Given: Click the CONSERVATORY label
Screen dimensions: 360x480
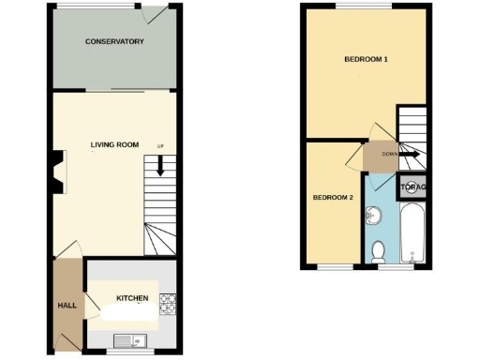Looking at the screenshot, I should pyautogui.click(x=113, y=42).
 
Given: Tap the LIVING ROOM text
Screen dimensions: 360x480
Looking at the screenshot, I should pyautogui.click(x=114, y=144).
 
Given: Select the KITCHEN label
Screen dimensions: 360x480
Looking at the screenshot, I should pyautogui.click(x=131, y=298).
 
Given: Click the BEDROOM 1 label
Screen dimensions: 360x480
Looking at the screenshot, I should pyautogui.click(x=366, y=60).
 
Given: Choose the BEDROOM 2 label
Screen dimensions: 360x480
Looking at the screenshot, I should pyautogui.click(x=332, y=198).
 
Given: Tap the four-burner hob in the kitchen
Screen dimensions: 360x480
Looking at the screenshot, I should pyautogui.click(x=169, y=303).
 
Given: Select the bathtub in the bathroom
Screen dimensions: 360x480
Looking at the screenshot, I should pyautogui.click(x=412, y=234).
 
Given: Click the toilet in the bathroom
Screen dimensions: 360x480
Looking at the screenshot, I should pyautogui.click(x=378, y=250).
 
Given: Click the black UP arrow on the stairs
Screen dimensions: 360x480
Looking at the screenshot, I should pyautogui.click(x=160, y=167).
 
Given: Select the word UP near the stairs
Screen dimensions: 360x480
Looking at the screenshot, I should pyautogui.click(x=160, y=146).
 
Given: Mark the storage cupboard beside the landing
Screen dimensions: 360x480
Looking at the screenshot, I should pyautogui.click(x=413, y=187).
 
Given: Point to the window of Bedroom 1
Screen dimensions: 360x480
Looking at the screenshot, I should pyautogui.click(x=352, y=6).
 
